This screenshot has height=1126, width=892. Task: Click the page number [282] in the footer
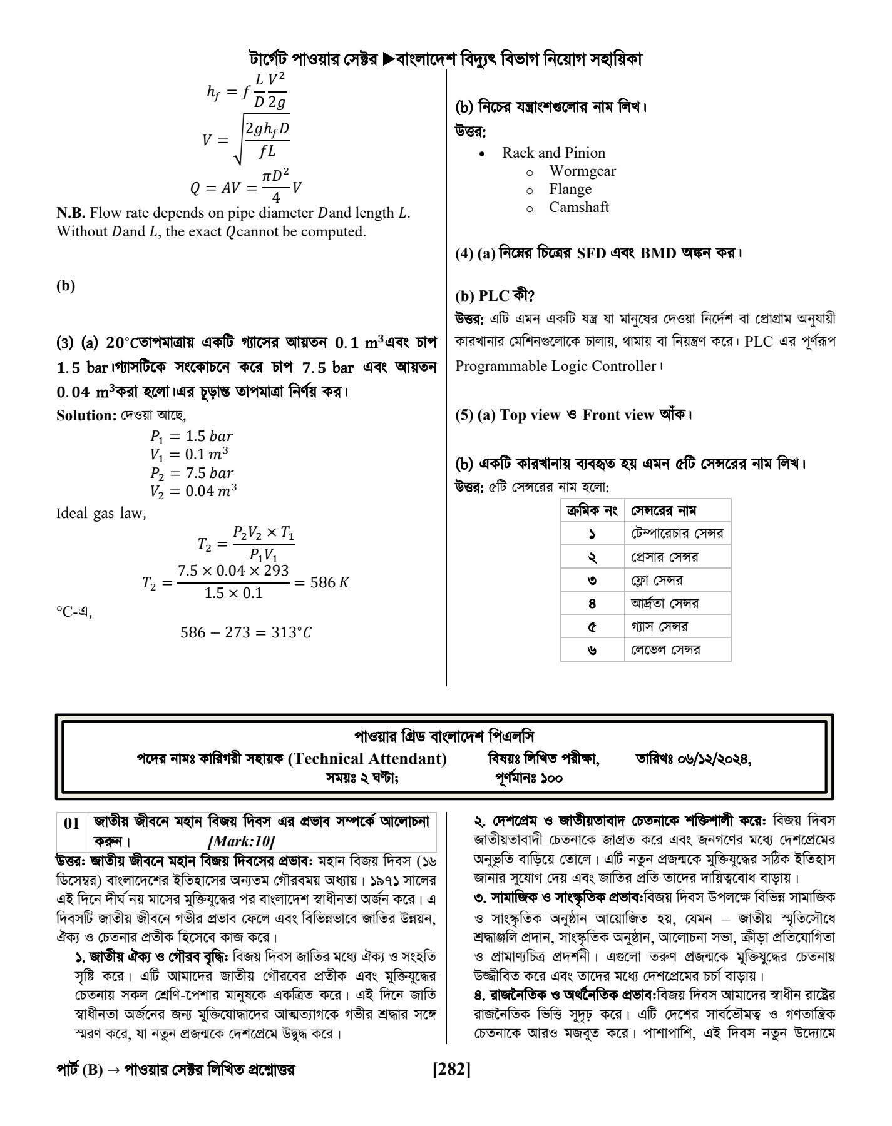[451, 1070]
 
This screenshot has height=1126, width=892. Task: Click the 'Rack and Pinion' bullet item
[553, 153]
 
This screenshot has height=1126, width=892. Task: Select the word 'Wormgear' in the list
[582, 171]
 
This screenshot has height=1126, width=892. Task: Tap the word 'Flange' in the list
[570, 190]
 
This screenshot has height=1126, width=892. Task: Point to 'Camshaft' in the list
[578, 208]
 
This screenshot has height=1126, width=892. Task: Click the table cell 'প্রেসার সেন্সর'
[664, 557]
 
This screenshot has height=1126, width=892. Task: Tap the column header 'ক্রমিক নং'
[592, 511]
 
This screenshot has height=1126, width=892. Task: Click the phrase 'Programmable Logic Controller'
[555, 367]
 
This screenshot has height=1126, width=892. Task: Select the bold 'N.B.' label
[71, 213]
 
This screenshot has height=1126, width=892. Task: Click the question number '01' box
[73, 824]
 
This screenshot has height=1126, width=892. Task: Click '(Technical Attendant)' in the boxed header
[367, 759]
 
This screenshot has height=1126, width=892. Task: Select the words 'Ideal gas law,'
[101, 514]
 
